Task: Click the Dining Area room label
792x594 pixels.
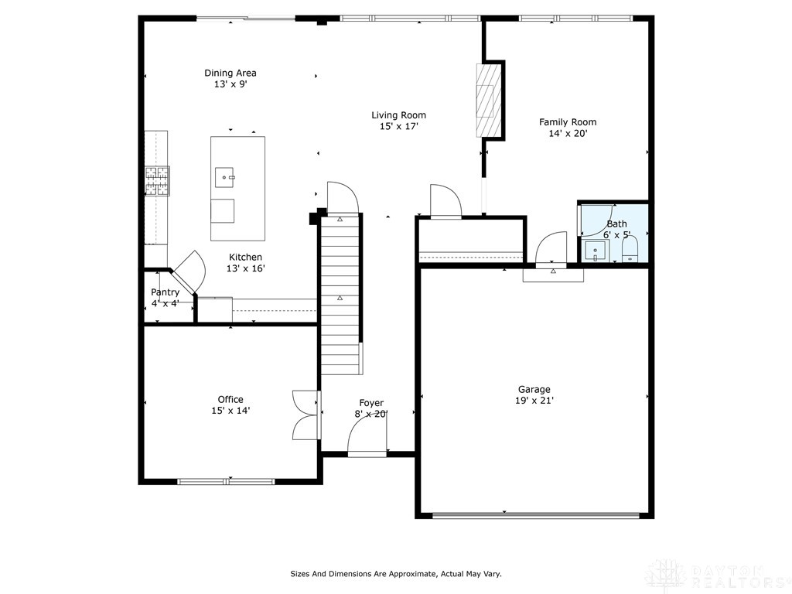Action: pos(230,73)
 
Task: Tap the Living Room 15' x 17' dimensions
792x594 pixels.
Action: pos(398,127)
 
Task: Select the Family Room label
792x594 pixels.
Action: pos(568,122)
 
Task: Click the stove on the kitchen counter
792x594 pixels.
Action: pos(157,181)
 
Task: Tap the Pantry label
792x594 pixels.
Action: pos(165,292)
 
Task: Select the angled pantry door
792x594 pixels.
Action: pos(188,271)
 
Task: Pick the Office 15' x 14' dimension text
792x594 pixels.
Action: pos(230,411)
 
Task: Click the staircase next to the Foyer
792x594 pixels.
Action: pos(341,294)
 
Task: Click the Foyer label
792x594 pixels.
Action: pos(371,403)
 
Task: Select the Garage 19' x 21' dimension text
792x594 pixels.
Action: pos(534,401)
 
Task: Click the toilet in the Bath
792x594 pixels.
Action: pos(630,250)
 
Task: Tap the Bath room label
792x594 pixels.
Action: pos(616,224)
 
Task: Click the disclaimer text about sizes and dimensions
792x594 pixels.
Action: pos(395,574)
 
